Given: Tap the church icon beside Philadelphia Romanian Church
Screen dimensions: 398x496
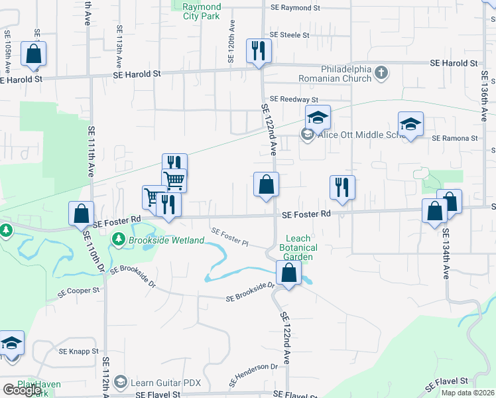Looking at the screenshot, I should pyautogui.click(x=381, y=73).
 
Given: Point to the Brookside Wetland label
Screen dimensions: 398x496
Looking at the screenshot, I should pyautogui.click(x=166, y=239).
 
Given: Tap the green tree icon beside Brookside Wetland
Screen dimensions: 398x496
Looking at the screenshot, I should pyautogui.click(x=119, y=239).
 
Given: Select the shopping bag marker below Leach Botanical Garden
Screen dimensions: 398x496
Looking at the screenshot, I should pyautogui.click(x=289, y=273).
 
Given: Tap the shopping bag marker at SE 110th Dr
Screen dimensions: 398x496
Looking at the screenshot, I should pyautogui.click(x=81, y=214).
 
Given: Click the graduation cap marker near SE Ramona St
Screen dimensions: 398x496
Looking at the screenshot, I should pyautogui.click(x=410, y=124).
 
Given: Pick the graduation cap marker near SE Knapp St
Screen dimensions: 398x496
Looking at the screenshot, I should pyautogui.click(x=12, y=344).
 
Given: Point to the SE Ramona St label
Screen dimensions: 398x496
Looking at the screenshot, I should pyautogui.click(x=455, y=139).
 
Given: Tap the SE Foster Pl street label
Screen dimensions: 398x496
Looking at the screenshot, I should pyautogui.click(x=229, y=237).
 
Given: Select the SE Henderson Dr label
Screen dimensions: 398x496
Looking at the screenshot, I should pyautogui.click(x=253, y=375).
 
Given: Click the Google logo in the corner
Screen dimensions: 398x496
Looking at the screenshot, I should pyautogui.click(x=21, y=389).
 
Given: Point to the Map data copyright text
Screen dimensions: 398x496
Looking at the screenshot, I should pyautogui.click(x=468, y=393).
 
